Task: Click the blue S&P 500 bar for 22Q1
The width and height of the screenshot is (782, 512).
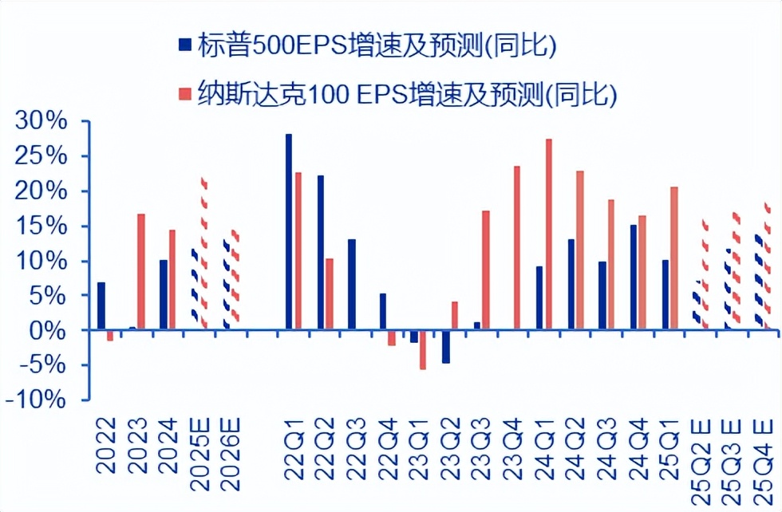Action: [288, 231]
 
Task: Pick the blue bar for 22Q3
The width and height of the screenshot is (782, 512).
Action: [351, 284]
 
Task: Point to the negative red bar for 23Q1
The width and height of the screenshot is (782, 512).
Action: [423, 349]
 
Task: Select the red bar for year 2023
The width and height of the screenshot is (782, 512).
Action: [141, 271]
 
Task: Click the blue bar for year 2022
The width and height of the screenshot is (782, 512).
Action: [101, 305]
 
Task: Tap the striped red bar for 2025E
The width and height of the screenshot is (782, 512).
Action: [203, 253]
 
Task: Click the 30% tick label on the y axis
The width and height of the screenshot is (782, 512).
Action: [45, 122]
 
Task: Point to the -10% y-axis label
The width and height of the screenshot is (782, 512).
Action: [37, 400]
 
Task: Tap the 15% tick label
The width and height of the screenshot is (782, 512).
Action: [45, 226]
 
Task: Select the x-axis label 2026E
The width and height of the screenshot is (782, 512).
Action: [230, 447]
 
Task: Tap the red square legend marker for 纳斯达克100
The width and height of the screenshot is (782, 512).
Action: [185, 94]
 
